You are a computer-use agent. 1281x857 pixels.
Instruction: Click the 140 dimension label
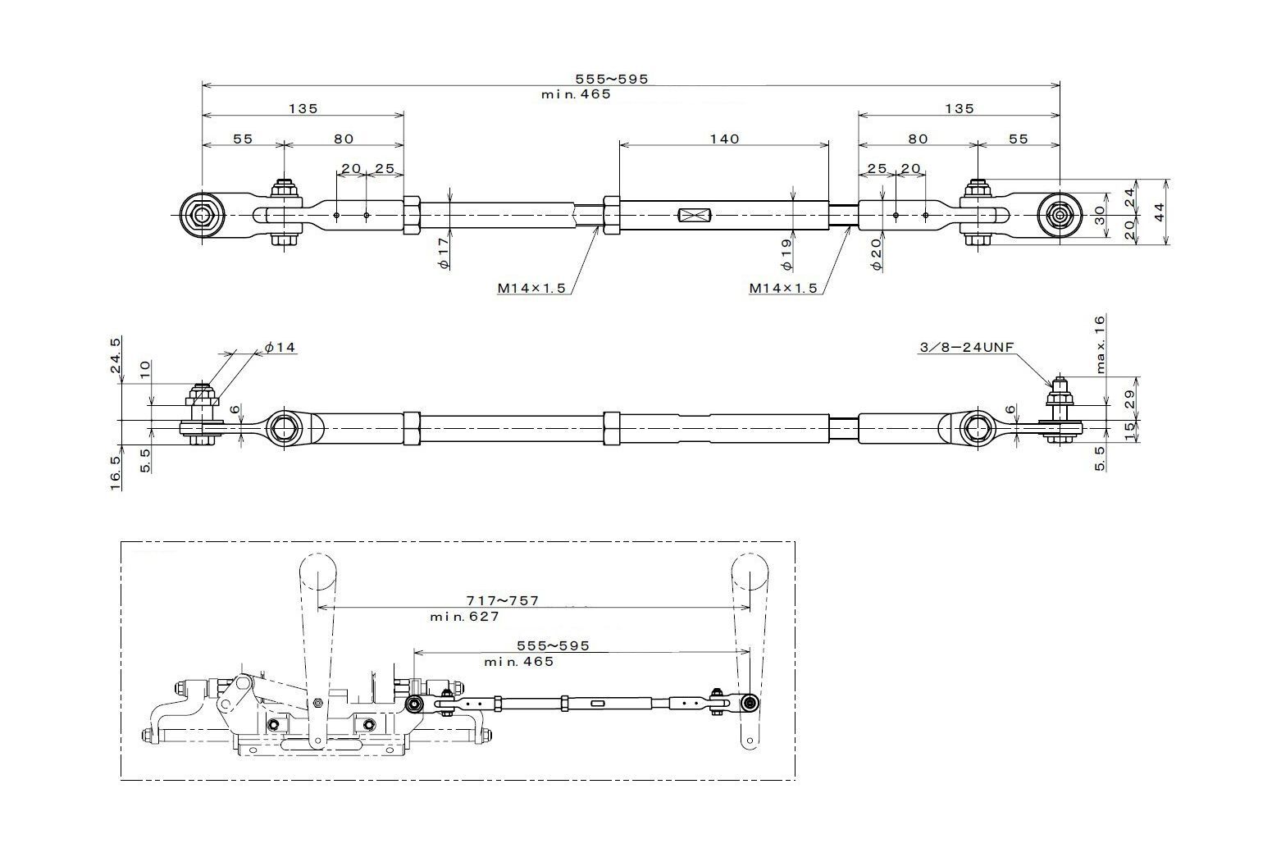[725, 139]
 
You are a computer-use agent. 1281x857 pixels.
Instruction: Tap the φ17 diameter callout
[444, 253]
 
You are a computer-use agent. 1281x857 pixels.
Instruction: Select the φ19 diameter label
[786, 254]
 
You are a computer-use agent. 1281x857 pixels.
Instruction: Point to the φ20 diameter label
[876, 254]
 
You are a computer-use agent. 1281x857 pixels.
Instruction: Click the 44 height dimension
[1159, 212]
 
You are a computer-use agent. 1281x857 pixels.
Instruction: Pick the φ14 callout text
[280, 347]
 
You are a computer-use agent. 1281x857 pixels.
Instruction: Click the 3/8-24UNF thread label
[966, 347]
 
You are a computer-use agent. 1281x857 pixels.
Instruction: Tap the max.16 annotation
[1101, 344]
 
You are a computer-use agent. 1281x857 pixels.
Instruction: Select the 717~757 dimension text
[503, 600]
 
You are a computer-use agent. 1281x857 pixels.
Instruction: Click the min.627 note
[464, 617]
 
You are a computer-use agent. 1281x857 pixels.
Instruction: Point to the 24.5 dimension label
[115, 355]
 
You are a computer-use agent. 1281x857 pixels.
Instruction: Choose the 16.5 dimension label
[115, 473]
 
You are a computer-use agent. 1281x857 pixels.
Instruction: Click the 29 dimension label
[1129, 399]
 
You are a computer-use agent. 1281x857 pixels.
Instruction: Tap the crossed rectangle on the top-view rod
[693, 216]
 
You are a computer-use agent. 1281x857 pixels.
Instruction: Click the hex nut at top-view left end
[202, 215]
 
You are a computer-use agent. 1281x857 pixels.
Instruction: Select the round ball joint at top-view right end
[1060, 216]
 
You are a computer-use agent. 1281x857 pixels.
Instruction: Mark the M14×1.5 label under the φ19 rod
[783, 288]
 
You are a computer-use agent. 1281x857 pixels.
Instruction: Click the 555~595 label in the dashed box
[553, 646]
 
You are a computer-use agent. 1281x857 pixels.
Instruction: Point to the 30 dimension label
[1099, 215]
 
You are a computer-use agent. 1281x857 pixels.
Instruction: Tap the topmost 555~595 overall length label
[612, 79]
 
